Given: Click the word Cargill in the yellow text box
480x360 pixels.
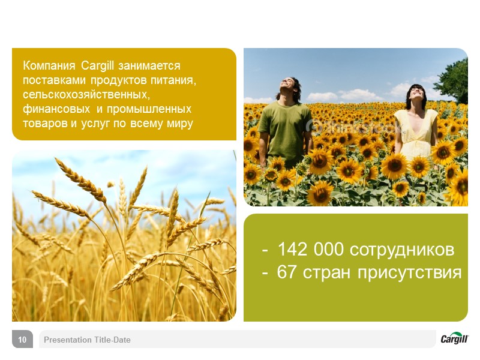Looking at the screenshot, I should (x=98, y=65).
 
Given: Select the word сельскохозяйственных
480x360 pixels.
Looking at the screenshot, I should (x=86, y=95).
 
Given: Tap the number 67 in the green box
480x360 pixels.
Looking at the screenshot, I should (x=287, y=272).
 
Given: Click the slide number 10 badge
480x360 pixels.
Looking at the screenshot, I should (x=22, y=340).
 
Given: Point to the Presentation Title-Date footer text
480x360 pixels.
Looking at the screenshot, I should (x=87, y=340).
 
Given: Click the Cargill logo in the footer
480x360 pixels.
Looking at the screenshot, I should (x=454, y=338).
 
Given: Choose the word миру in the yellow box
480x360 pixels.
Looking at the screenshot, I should (x=180, y=124).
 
